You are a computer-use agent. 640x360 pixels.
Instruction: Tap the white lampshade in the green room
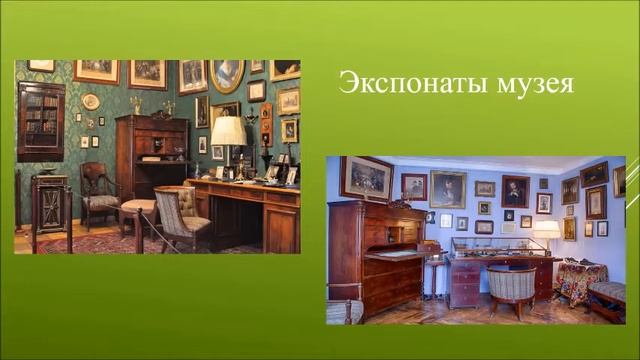pyautogui.click(x=228, y=130)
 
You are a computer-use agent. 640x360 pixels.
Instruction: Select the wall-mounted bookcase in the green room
pyautogui.click(x=41, y=121)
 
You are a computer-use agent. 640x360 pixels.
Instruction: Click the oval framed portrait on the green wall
pyautogui.click(x=226, y=76)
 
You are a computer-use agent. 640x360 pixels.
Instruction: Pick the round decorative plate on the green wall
pyautogui.click(x=90, y=101)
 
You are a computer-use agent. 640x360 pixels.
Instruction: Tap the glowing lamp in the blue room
pyautogui.click(x=546, y=231)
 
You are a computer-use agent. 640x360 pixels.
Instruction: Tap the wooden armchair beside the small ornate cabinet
pyautogui.click(x=100, y=195)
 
